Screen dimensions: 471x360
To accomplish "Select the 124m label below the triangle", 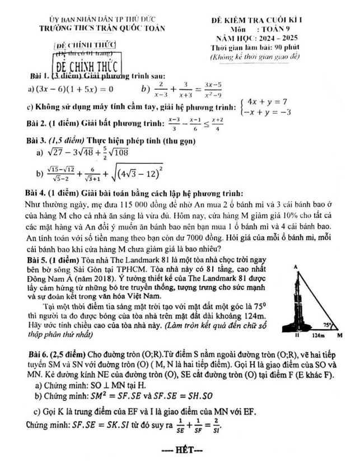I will click(318, 337).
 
